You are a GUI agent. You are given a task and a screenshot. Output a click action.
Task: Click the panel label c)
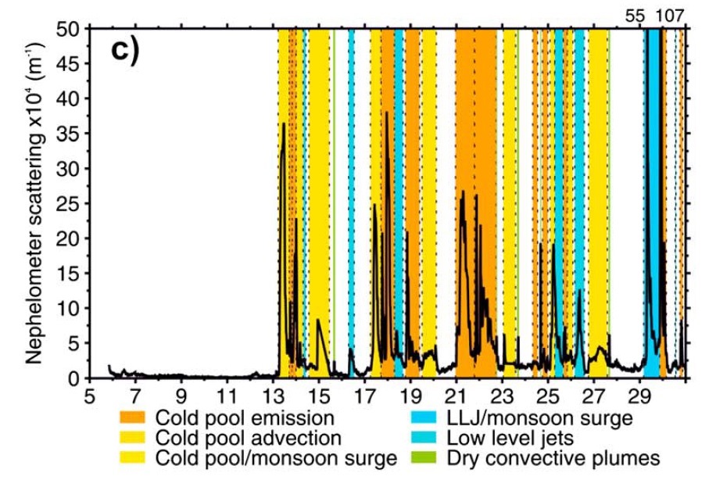coord(124,49)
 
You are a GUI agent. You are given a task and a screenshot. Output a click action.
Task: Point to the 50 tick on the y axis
coord(74,29)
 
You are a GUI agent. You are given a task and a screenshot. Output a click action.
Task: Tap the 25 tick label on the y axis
coord(74,203)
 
